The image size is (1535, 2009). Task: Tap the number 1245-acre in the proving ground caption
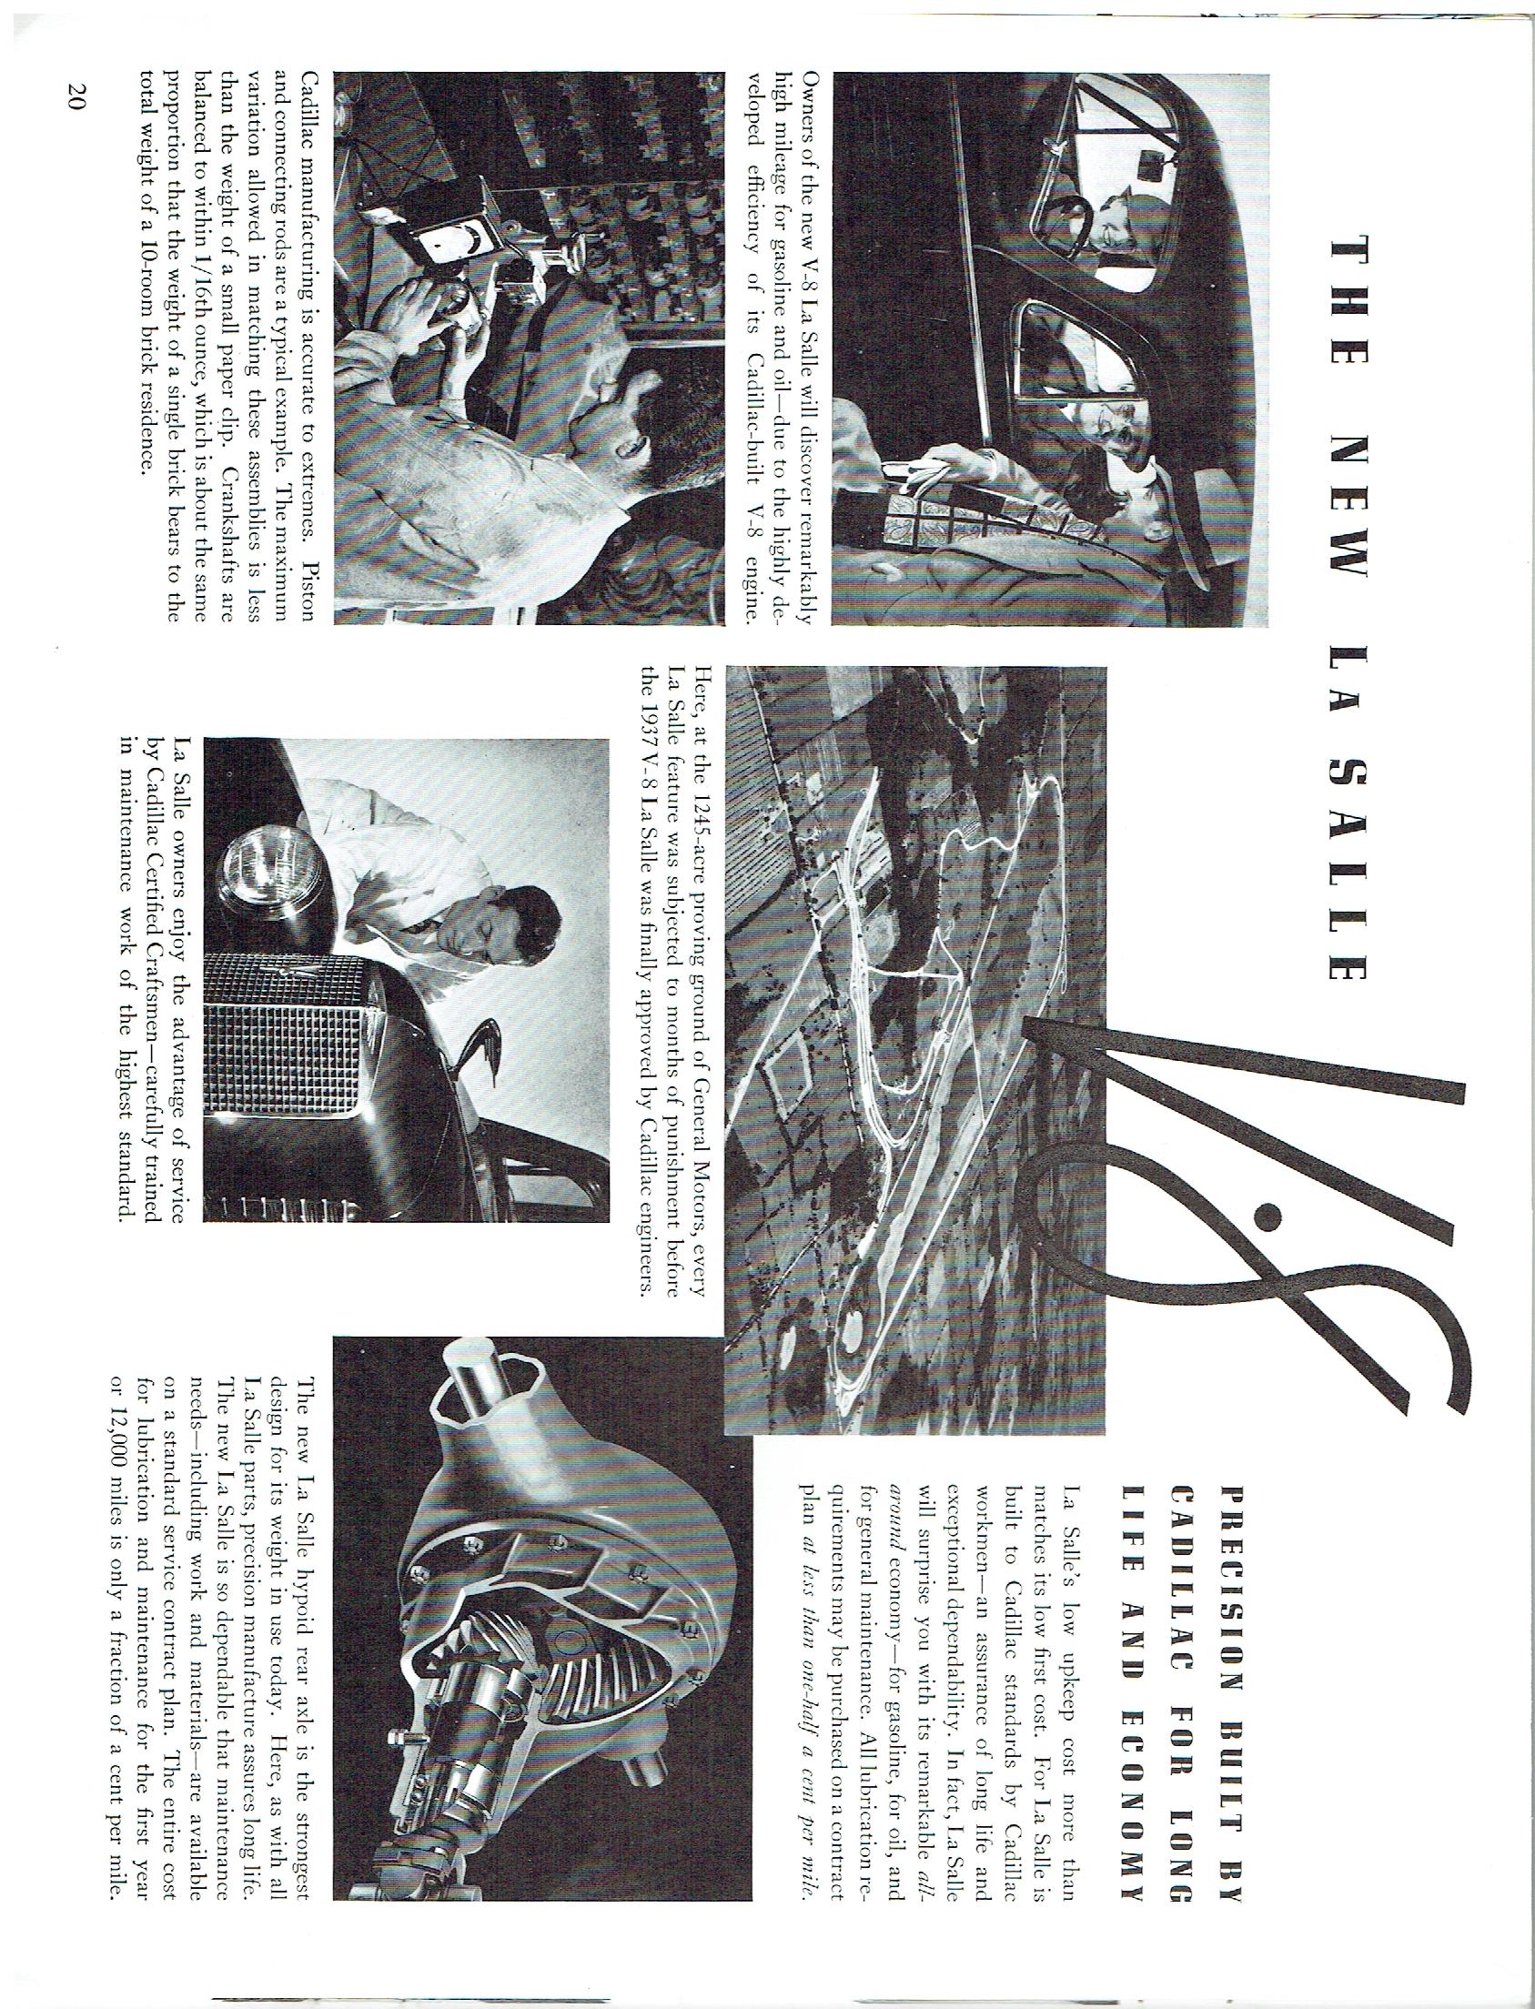tap(701, 819)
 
